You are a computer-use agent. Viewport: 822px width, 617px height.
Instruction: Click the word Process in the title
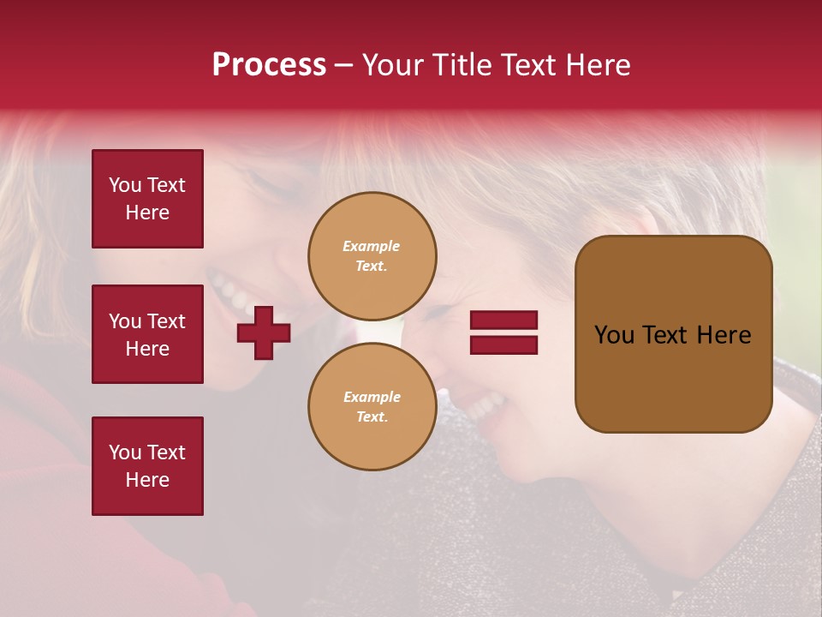pos(269,65)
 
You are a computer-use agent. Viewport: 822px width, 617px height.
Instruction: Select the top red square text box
pos(147,199)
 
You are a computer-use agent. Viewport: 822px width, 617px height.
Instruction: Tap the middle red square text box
pos(147,334)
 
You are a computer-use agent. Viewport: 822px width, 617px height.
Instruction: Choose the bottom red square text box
pos(147,465)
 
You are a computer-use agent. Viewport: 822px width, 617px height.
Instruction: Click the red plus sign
pos(264,333)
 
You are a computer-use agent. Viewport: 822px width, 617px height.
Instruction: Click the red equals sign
pos(503,332)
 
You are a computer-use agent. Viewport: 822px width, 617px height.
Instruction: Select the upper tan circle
pos(372,255)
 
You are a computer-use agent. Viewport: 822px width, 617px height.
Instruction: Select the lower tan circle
pos(372,406)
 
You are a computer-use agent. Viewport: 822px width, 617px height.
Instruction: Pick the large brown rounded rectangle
pos(673,334)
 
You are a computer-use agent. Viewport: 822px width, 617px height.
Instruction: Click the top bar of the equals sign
pos(503,320)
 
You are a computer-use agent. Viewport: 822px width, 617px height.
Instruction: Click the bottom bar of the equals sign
pos(503,344)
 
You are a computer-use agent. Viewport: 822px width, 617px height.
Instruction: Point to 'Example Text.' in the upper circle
pos(372,255)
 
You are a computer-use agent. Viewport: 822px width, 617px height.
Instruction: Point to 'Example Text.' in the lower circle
pos(372,406)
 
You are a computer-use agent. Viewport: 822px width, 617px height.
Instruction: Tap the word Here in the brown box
pos(724,335)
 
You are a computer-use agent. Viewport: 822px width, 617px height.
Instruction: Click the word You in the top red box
pos(125,185)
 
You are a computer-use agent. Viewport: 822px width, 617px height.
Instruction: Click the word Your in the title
pos(394,65)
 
